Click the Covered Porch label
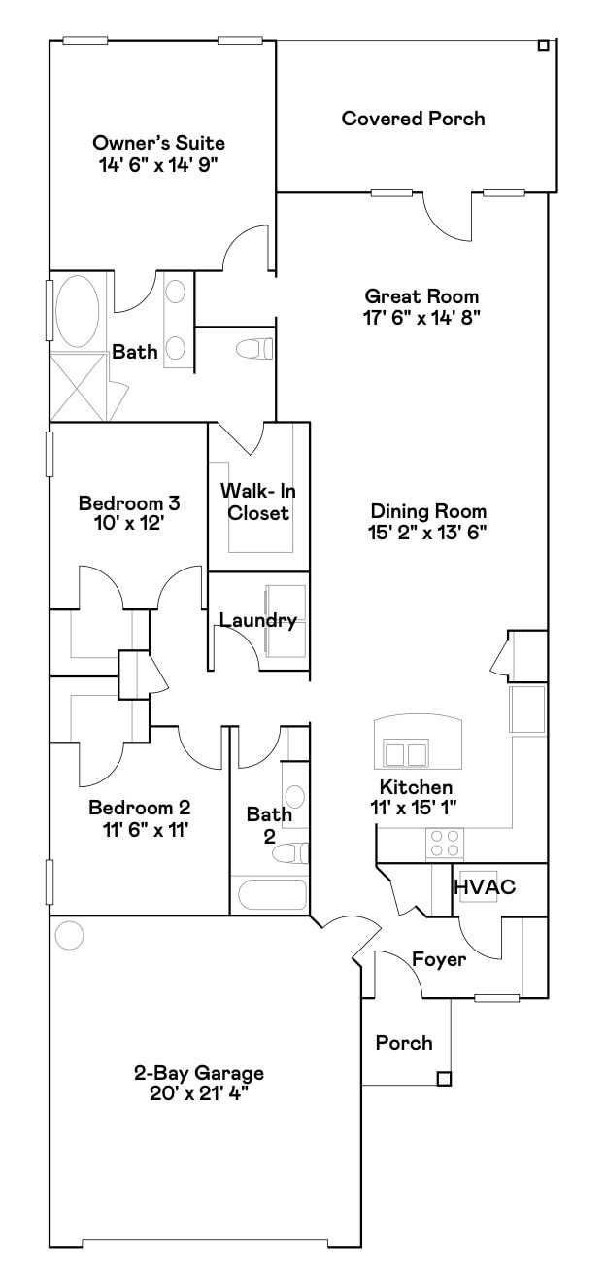(x=413, y=119)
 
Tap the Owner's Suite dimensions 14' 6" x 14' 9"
(x=158, y=164)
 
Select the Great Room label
(x=421, y=295)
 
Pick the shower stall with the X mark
(x=76, y=386)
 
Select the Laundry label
(x=257, y=620)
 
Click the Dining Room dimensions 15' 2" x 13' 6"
(x=428, y=532)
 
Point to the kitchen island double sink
(x=406, y=753)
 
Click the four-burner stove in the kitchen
(x=445, y=842)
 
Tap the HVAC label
(x=484, y=886)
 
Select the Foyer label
(x=439, y=959)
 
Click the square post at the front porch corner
(x=444, y=1078)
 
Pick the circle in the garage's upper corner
(x=70, y=935)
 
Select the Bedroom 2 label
(x=139, y=808)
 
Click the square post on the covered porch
(x=544, y=45)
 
